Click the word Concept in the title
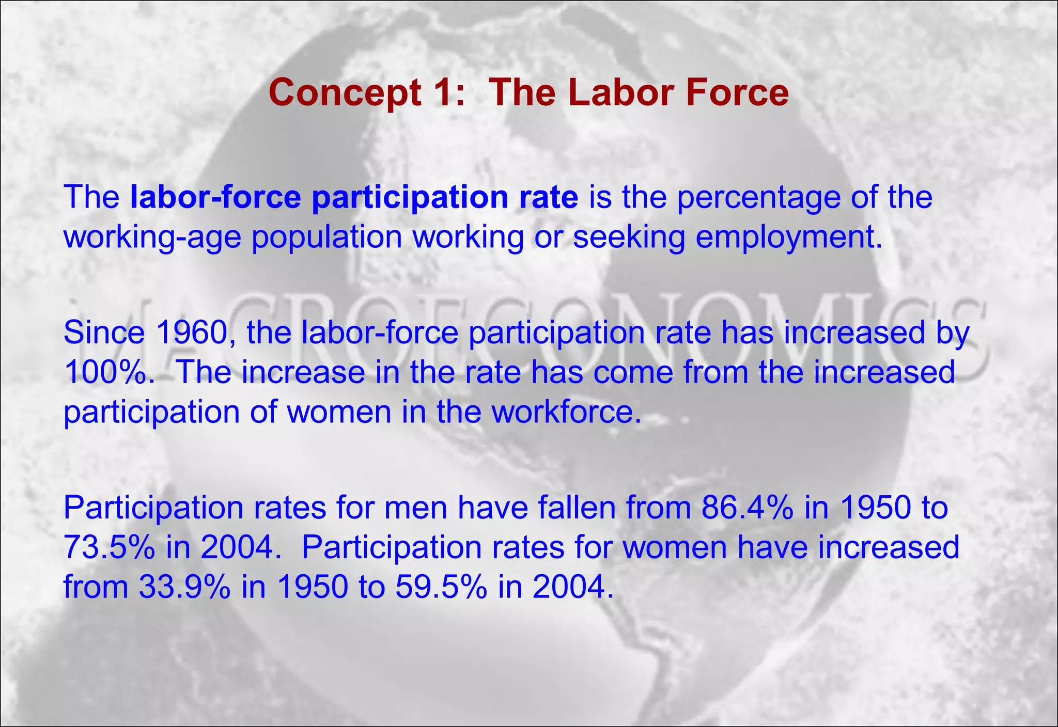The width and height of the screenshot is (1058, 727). pyautogui.click(x=345, y=93)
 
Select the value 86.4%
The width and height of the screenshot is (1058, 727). pyautogui.click(x=747, y=508)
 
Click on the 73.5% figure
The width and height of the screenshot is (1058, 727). pyautogui.click(x=109, y=547)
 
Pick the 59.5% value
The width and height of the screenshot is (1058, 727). pyautogui.click(x=441, y=587)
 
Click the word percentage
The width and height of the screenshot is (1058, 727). pyautogui.click(x=759, y=197)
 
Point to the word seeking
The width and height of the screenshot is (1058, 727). pyautogui.click(x=629, y=238)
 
